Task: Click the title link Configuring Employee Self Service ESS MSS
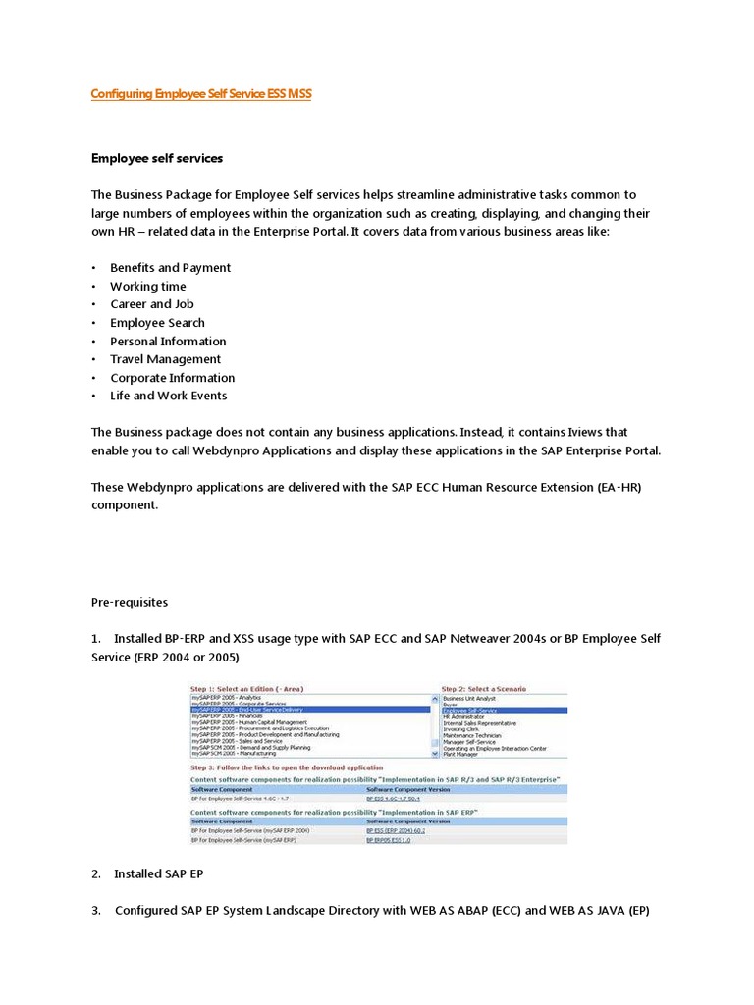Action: tap(201, 94)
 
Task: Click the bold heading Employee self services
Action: tap(157, 158)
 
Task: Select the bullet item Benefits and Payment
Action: tap(170, 268)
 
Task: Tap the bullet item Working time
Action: tap(147, 286)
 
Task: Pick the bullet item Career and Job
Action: tap(152, 304)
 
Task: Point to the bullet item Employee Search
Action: tap(157, 323)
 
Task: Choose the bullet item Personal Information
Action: tap(168, 342)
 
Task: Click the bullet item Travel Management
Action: tap(165, 359)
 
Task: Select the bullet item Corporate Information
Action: tap(172, 378)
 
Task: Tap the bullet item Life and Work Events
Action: tap(168, 396)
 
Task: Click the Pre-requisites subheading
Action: tap(130, 602)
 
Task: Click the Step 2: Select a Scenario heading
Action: tap(484, 689)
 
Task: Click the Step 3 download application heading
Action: tap(286, 767)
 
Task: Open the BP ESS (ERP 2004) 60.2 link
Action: tap(394, 830)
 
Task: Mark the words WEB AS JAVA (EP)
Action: tap(594, 910)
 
